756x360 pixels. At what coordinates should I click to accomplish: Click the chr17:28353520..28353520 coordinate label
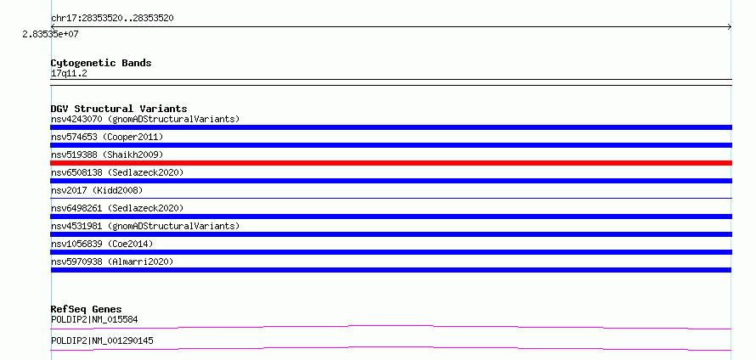112,19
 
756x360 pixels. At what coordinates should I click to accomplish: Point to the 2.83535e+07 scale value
50,34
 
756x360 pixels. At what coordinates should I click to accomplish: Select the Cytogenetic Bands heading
101,63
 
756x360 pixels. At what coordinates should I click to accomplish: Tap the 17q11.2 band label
69,73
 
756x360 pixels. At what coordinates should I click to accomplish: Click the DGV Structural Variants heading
119,109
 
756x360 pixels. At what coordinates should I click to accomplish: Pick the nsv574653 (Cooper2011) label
107,137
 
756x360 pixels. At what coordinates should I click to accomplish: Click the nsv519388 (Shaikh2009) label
107,155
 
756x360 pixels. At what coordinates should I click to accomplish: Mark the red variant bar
391,163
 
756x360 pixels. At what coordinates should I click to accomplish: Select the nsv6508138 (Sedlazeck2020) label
117,172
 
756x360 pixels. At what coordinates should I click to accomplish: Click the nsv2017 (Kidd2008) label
97,190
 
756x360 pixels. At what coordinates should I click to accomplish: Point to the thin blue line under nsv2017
391,198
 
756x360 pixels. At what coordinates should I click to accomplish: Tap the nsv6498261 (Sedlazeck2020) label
117,208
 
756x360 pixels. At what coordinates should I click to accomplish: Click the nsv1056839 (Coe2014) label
102,244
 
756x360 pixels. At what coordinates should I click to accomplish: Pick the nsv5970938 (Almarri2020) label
112,262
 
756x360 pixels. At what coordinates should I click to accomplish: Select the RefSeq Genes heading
87,309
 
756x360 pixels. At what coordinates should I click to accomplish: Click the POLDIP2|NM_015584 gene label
94,319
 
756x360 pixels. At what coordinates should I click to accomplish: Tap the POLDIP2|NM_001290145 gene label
102,340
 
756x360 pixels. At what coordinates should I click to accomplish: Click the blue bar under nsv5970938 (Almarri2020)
391,270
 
